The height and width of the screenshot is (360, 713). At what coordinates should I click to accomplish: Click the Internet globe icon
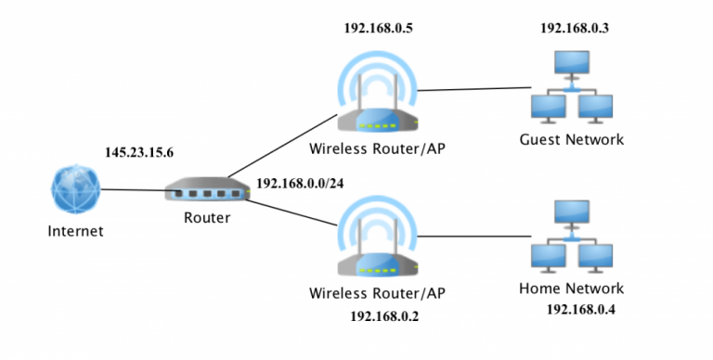(75, 190)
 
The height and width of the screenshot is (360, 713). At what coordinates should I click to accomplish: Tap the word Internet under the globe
(75, 231)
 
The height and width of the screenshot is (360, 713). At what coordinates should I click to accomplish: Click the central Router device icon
(208, 191)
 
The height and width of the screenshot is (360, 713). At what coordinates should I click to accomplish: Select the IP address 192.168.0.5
(378, 29)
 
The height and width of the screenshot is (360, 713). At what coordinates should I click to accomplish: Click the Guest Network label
(572, 140)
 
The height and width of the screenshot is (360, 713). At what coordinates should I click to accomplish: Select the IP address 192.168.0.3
(575, 29)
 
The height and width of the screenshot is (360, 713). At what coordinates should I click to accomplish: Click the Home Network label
(571, 289)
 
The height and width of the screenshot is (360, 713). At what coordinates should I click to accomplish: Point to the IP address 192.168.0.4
(580, 308)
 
